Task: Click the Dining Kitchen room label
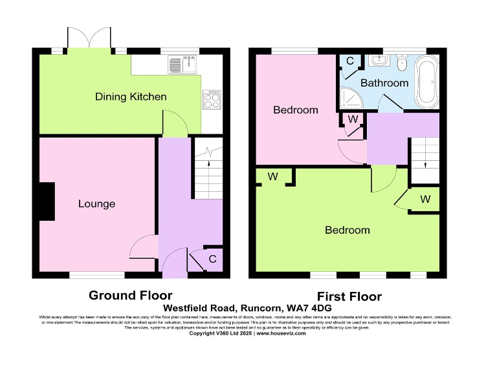(131, 97)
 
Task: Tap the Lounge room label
(96, 204)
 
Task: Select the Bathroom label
(384, 83)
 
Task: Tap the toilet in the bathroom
(401, 63)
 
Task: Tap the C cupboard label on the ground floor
(212, 260)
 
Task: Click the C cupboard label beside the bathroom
(349, 61)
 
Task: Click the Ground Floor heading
(130, 296)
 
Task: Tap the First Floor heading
(349, 296)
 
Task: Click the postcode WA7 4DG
(314, 309)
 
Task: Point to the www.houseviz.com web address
(282, 333)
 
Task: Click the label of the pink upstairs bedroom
(296, 110)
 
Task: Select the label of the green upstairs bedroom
(348, 230)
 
